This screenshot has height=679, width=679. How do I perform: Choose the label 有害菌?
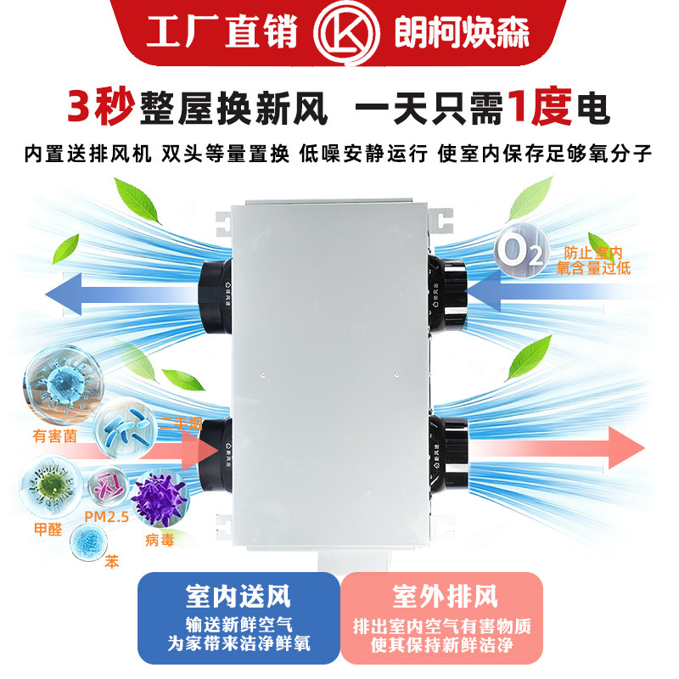pos(56,438)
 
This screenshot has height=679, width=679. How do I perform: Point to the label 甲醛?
pos(47,530)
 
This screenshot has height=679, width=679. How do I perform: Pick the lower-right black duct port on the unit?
pos(449,441)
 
